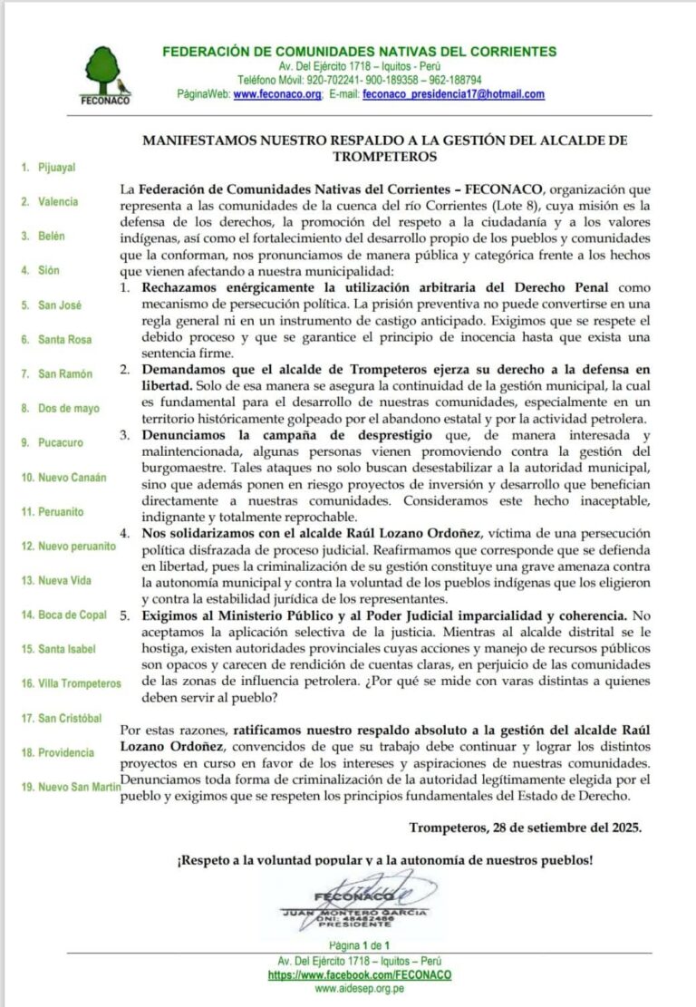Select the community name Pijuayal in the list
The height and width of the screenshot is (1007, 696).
56,168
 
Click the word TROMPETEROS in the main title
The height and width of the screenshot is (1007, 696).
385,156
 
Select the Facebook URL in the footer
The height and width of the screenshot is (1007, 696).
360,974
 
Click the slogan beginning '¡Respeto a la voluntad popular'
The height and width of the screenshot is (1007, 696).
385,859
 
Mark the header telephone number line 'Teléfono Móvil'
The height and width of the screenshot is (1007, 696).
360,80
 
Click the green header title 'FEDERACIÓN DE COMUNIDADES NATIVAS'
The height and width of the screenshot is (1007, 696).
360,52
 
